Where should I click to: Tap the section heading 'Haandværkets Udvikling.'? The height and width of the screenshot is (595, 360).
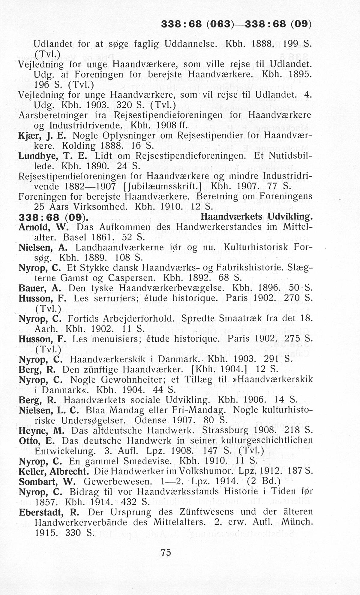click(x=256, y=217)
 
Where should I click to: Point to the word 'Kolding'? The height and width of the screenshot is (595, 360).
click(x=78, y=146)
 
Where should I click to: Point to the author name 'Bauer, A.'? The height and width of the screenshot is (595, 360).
click(x=40, y=288)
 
